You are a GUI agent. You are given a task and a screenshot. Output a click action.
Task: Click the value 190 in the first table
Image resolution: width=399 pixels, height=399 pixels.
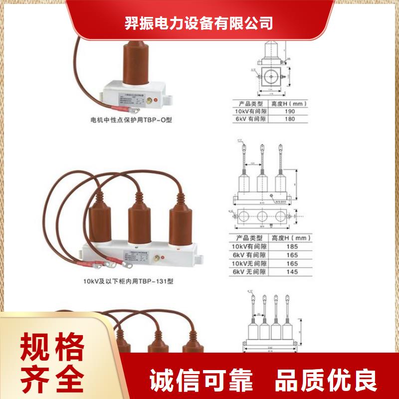tap(290, 112)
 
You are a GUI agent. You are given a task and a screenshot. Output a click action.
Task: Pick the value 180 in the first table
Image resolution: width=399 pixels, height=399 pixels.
tap(290, 120)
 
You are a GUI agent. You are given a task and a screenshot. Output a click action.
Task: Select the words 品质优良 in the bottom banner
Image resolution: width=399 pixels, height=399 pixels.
tap(327, 382)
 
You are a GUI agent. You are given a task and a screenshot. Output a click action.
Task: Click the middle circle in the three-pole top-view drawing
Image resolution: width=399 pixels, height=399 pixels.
tap(263, 216)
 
